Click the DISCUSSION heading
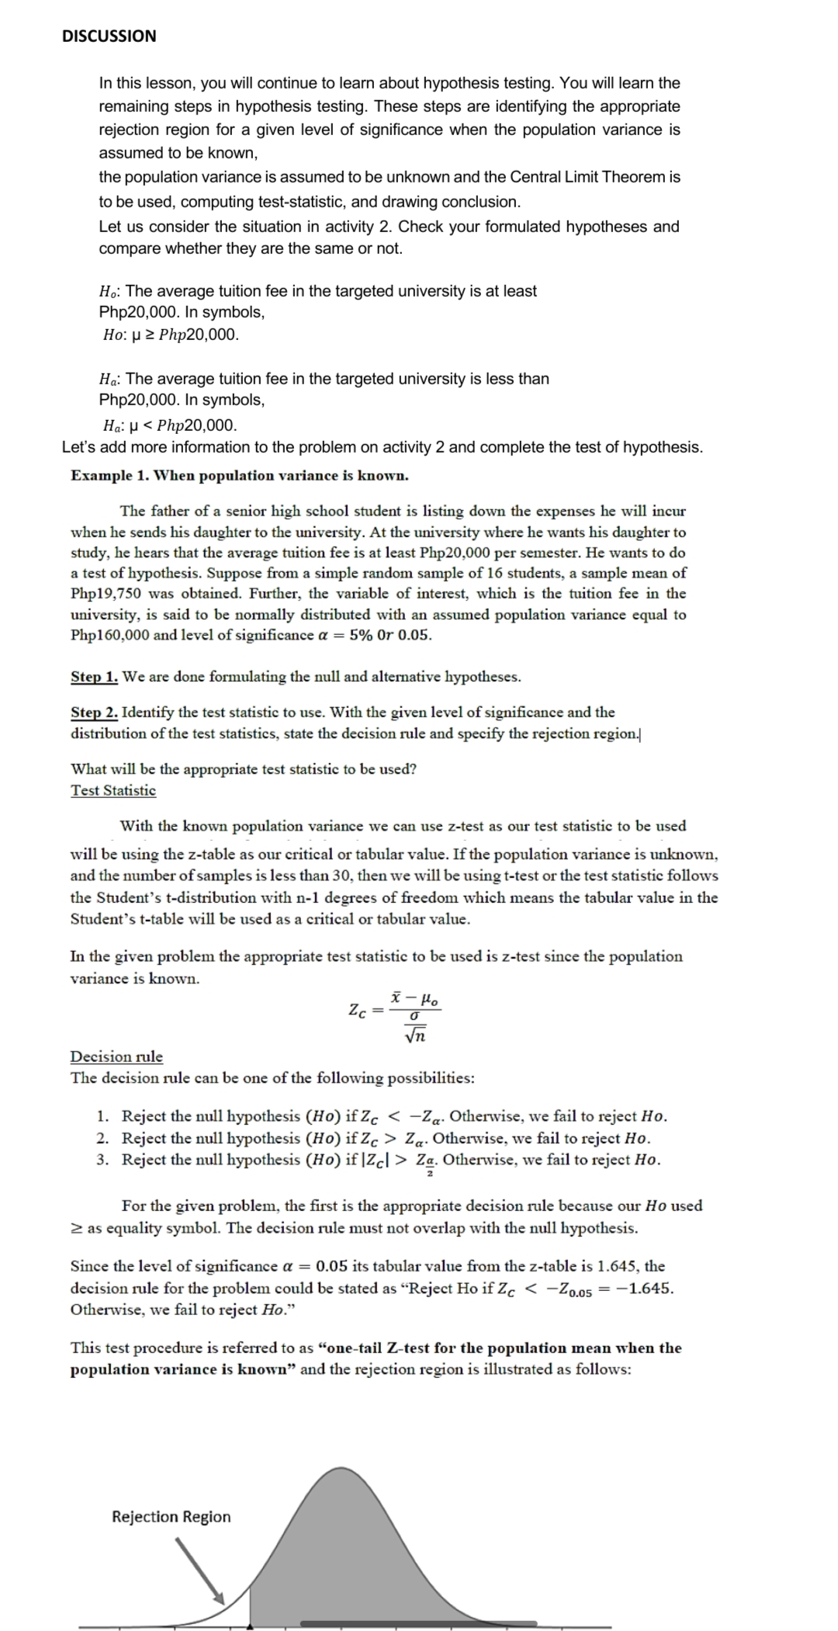[109, 36]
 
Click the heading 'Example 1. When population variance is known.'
[239, 475]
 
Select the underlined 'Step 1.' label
[94, 676]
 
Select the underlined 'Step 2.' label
[94, 712]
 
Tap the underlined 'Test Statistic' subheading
[113, 790]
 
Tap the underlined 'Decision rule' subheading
[116, 1056]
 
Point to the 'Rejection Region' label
[171, 1516]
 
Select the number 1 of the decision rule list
[102, 1116]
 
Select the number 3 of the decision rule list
[102, 1160]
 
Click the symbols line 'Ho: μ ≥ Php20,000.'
[171, 335]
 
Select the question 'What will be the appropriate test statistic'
[243, 769]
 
